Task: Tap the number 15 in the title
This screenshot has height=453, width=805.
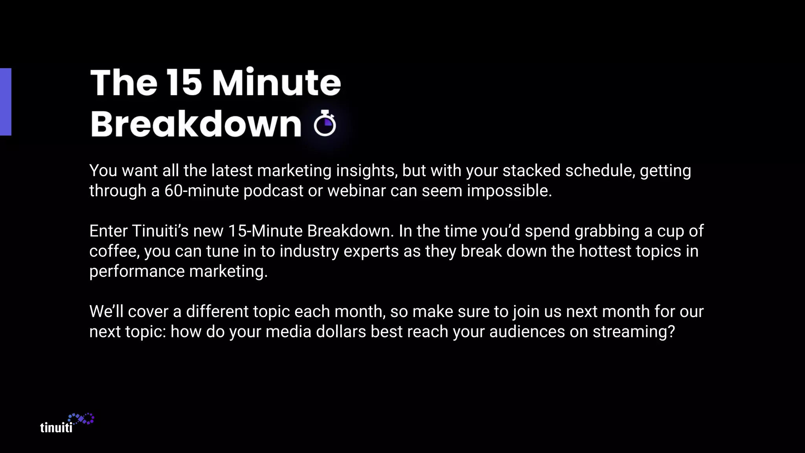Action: pos(184,83)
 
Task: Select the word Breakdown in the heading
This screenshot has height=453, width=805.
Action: pos(195,124)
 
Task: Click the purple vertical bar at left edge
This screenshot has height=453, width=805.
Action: pos(6,102)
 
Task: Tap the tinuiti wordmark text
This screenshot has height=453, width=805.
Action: pos(56,427)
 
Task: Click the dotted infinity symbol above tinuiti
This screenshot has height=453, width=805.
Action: pos(81,419)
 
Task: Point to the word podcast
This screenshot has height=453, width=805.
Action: pos(273,191)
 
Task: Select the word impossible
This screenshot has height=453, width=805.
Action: pos(509,191)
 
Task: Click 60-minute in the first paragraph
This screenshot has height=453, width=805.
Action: pos(201,191)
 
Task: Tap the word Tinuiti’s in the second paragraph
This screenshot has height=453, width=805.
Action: pos(160,231)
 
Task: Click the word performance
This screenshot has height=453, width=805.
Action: pos(137,272)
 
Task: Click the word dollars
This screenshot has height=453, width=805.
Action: pos(341,332)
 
